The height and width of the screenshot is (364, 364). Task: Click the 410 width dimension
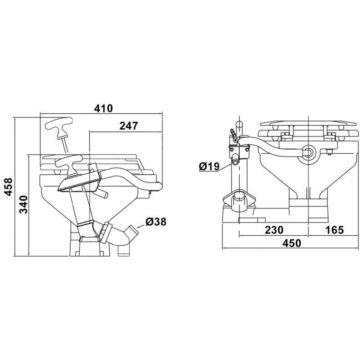103,108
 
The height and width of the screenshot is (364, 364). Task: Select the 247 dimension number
129,126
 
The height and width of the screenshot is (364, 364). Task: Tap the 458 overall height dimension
8,187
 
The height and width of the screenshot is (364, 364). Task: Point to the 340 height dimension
23,204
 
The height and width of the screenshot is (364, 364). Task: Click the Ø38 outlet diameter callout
156,222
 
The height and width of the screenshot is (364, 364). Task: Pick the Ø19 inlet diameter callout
209,166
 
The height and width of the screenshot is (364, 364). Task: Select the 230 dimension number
274,230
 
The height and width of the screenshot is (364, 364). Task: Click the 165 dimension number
334,230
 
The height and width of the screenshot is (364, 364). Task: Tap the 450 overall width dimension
292,243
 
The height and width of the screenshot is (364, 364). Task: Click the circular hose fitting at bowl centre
308,152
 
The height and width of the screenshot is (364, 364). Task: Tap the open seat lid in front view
308,123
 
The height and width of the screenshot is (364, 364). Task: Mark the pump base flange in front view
239,201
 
